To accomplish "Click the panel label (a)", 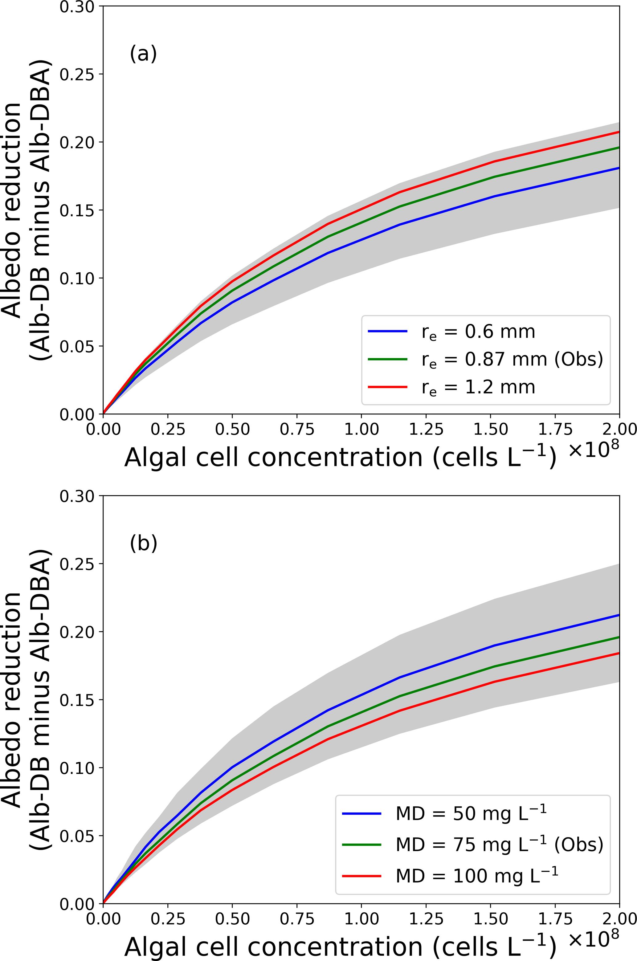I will [143, 54].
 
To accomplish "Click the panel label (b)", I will [143, 543].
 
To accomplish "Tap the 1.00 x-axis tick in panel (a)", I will [361, 429].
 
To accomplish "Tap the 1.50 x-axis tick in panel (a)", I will [491, 429].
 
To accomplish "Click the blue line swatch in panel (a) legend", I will [387, 332].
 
